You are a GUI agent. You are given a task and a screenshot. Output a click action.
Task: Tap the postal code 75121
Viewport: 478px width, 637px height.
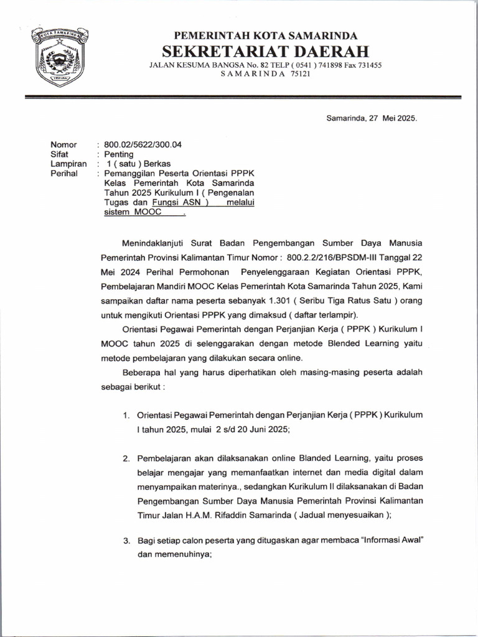point(300,74)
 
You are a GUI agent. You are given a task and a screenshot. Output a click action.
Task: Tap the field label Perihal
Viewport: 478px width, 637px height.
point(64,174)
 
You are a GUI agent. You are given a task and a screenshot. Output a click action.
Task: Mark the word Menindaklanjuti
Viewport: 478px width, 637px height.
point(154,242)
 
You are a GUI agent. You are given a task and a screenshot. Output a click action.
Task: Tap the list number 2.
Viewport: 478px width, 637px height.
point(126,459)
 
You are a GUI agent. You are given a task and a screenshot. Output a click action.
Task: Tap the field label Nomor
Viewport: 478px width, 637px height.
point(63,145)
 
